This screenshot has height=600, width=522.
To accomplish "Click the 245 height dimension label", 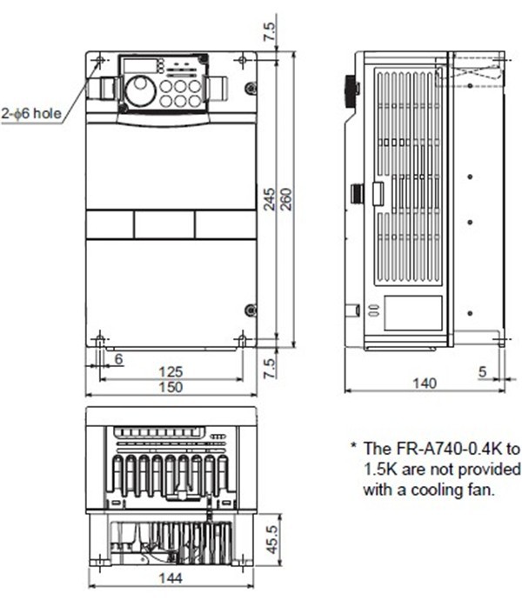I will coord(270,200).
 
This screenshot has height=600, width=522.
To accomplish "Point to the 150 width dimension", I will coord(171,387).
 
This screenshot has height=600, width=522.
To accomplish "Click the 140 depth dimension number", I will coord(423,383).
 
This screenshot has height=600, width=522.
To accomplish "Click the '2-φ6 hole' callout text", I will coord(31,113).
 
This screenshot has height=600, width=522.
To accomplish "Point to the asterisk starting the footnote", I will coord(354,449).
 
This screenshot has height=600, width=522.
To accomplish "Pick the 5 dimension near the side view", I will coord(481,371).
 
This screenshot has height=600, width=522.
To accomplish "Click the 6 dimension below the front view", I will coord(117,358).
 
